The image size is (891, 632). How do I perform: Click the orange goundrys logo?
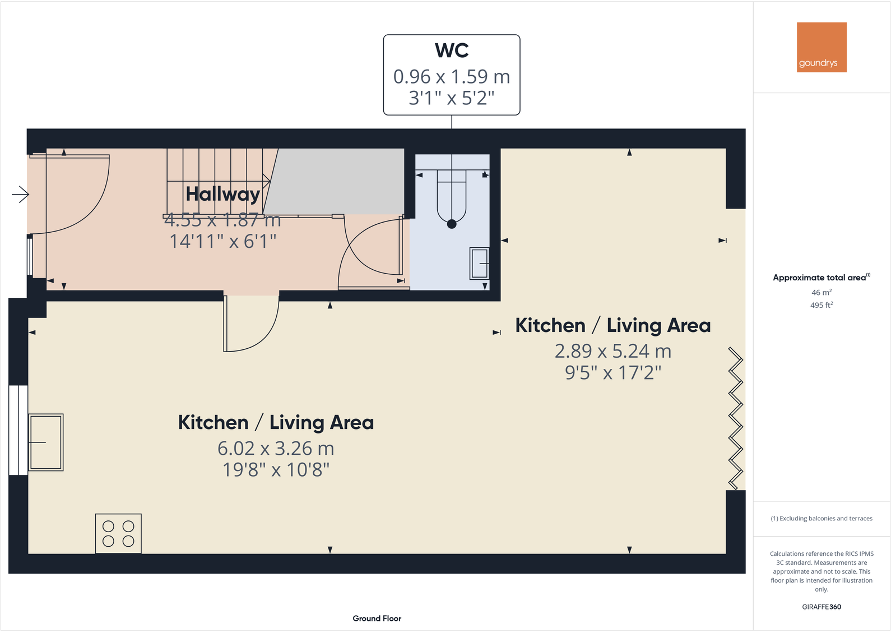click(821, 47)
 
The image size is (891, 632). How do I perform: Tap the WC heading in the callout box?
click(452, 50)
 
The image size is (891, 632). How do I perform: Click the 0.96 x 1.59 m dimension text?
click(452, 76)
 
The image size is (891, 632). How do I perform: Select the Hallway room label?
click(222, 194)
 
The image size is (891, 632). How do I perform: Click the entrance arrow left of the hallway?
click(20, 195)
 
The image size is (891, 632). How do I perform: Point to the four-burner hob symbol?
click(118, 533)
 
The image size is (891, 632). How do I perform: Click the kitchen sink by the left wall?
click(46, 442)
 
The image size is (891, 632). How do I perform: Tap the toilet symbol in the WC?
click(452, 199)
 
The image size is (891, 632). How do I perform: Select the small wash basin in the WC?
click(480, 264)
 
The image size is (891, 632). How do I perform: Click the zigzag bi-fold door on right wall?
click(735, 418)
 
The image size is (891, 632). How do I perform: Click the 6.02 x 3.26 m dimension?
click(276, 449)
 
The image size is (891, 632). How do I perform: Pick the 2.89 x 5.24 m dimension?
click(612, 351)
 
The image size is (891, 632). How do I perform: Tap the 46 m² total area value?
click(821, 292)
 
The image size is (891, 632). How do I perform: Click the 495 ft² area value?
click(821, 305)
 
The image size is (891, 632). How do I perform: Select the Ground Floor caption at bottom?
click(377, 619)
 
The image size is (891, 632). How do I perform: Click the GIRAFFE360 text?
click(821, 607)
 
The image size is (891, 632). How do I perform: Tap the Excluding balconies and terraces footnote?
click(821, 519)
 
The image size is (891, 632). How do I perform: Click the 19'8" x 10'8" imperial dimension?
click(276, 470)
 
